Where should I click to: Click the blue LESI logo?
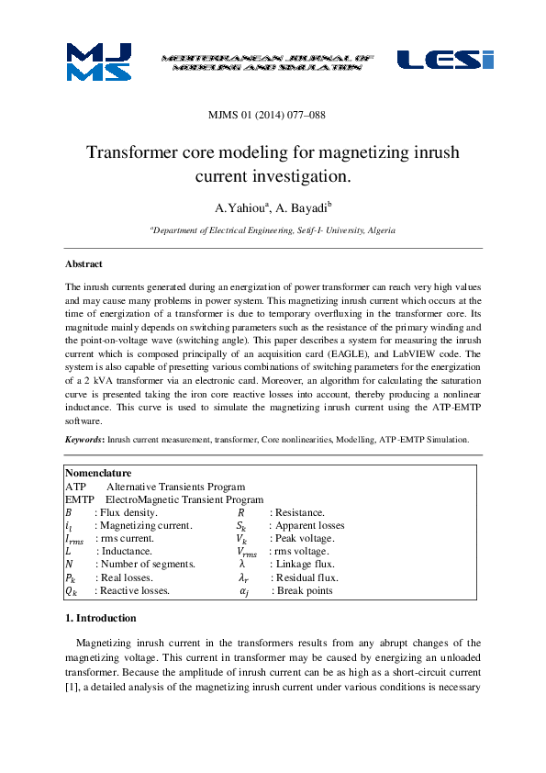click(444, 60)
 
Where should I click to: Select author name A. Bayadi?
click(304, 207)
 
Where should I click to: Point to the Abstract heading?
click(84, 263)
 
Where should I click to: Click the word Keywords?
click(84, 440)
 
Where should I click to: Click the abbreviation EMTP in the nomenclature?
click(81, 499)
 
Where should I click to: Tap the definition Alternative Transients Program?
click(175, 486)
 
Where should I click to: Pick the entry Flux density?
click(128, 512)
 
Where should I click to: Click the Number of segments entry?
click(145, 565)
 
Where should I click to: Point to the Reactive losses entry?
click(135, 592)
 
